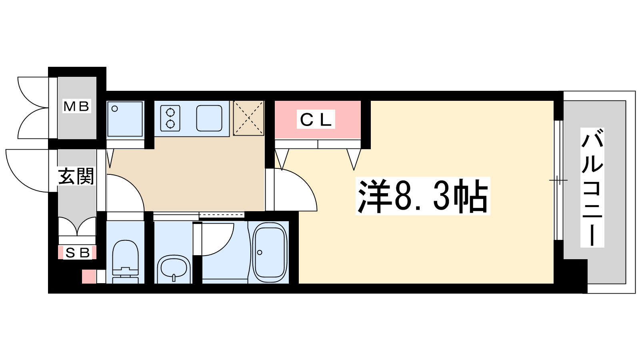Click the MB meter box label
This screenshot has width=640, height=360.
point(77,106)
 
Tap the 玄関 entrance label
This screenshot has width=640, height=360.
point(76,176)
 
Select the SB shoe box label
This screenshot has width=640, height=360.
point(77,253)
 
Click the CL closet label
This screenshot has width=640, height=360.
point(316,120)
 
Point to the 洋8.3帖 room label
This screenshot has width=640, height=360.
point(423,196)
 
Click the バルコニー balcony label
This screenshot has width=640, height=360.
point(592,188)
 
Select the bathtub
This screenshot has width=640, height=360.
point(270,252)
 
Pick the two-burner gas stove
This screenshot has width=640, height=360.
point(170,118)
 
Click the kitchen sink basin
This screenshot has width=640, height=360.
point(209,118)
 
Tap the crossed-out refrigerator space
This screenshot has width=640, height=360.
point(248,118)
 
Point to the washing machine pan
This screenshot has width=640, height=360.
point(125,119)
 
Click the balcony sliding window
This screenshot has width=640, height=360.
point(558,180)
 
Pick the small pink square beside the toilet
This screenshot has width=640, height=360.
point(89,277)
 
